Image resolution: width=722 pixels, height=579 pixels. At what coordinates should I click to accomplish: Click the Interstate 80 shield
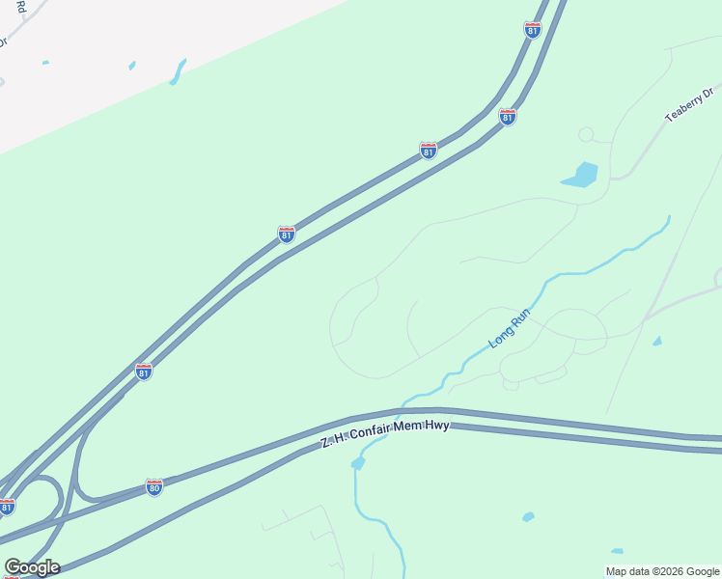(x=154, y=487)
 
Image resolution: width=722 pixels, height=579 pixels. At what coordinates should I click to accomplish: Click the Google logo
(x=32, y=567)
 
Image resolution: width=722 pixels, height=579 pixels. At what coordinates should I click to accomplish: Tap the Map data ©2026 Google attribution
(x=662, y=571)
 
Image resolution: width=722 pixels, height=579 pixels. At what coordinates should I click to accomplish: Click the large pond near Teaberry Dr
(x=580, y=175)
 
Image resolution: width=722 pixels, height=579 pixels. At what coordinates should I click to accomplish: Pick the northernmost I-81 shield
(x=533, y=30)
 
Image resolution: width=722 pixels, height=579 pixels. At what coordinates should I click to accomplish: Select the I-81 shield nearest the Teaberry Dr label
(x=508, y=117)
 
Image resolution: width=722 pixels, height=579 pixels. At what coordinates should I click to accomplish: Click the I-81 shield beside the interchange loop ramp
(x=8, y=507)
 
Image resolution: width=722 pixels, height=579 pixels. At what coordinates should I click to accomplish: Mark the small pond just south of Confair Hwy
(x=358, y=463)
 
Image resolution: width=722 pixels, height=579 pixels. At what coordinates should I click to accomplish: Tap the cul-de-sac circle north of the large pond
(x=585, y=134)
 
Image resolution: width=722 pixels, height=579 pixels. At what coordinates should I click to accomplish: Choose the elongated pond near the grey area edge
(x=178, y=71)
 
